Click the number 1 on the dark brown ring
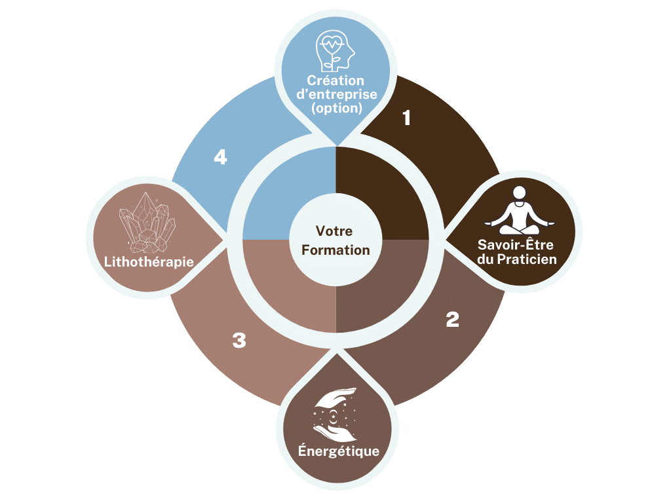pos(406,118)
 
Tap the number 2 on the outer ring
pos(452,319)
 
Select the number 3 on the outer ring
pos(239,340)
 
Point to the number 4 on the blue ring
pos(220,157)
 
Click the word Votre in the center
pos(334,231)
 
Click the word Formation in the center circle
pos(335,250)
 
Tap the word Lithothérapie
pos(149,262)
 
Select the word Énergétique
pos(339,451)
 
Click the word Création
pos(335,81)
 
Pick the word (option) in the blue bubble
pos(337,108)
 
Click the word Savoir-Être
pos(516,244)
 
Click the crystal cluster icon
pos(147,223)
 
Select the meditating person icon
pos(519,210)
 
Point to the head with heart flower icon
pos(335,50)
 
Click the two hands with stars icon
pos(335,415)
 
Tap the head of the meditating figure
pos(519,193)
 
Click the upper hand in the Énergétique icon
pos(335,396)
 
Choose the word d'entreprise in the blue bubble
pos(337,94)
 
